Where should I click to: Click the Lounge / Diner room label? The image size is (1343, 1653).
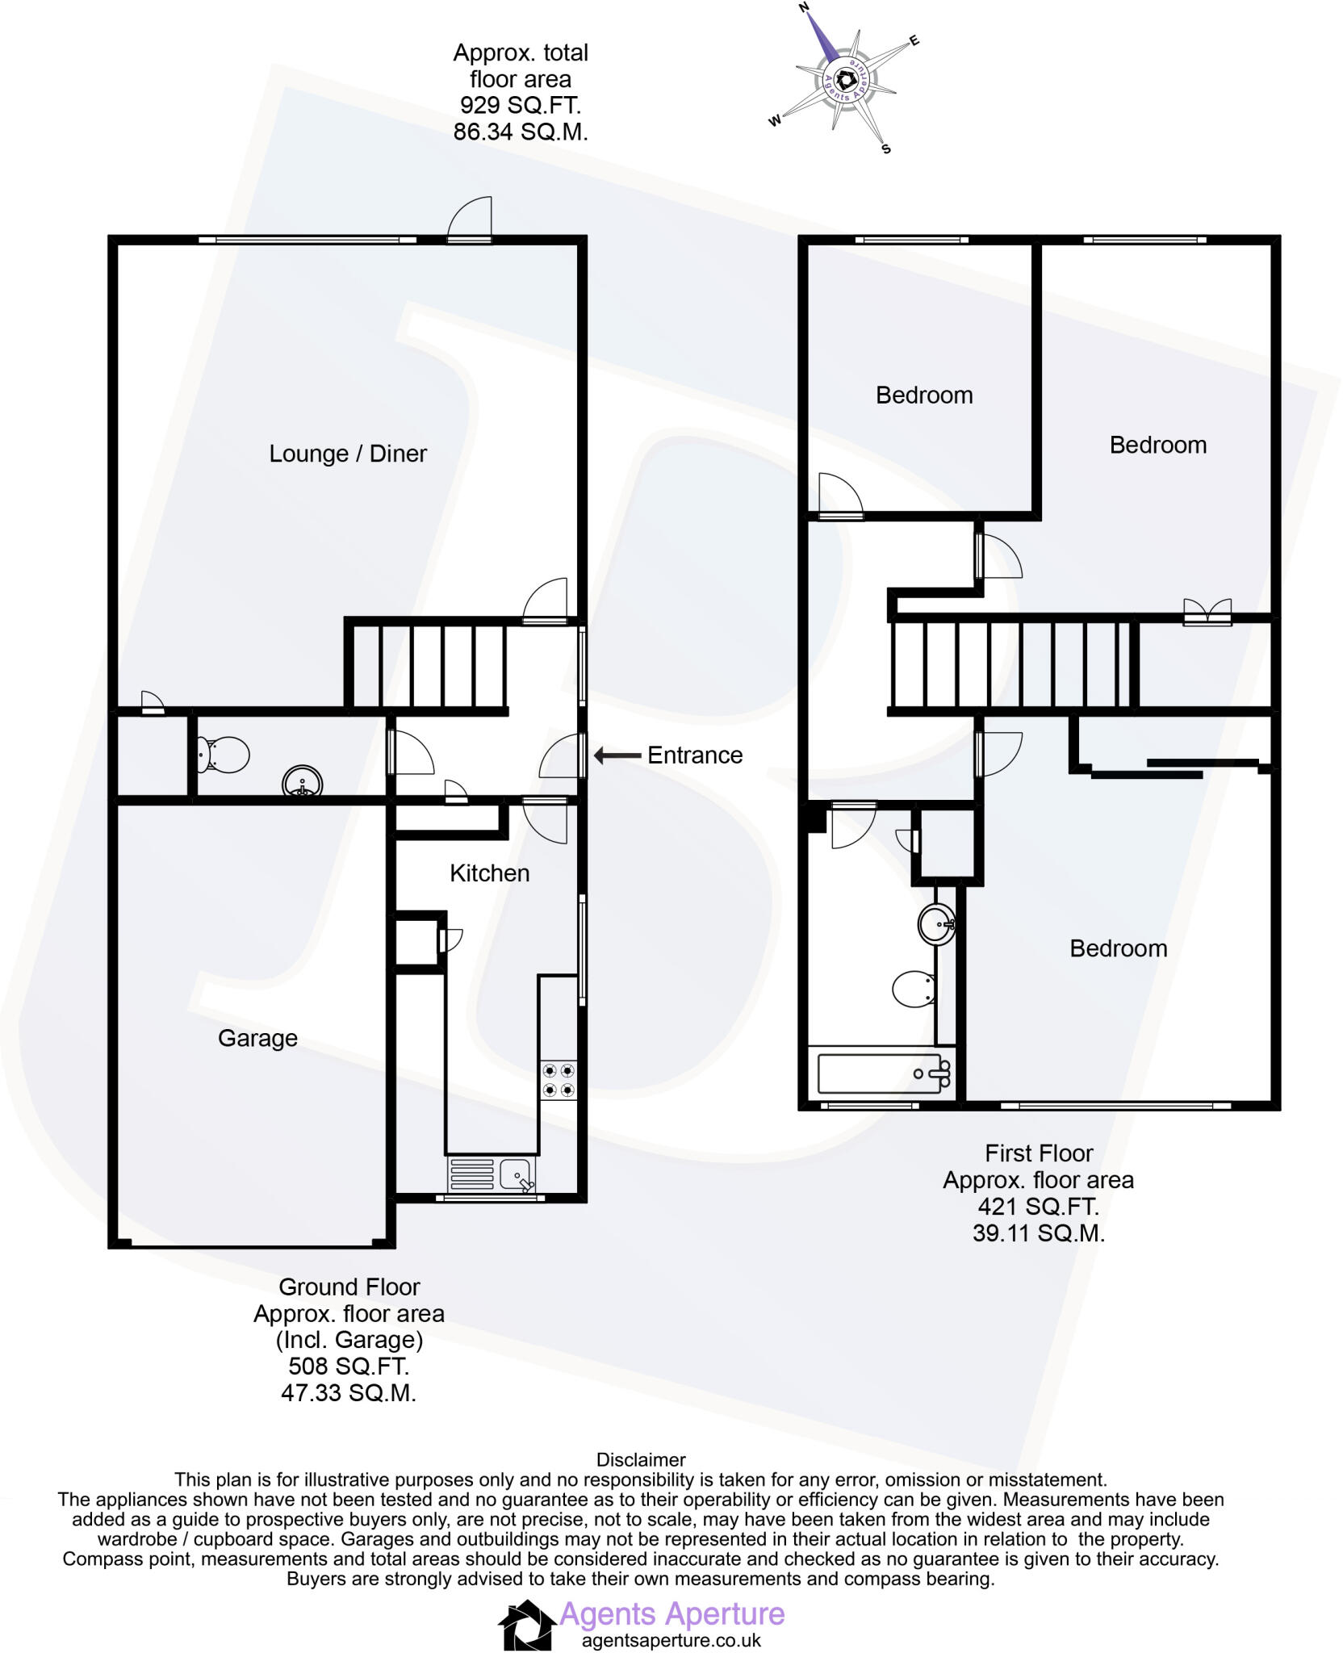click(x=347, y=454)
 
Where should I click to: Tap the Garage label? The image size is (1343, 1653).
click(x=257, y=1038)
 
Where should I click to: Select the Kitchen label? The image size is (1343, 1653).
click(x=489, y=873)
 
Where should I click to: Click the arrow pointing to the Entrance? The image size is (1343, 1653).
click(x=617, y=755)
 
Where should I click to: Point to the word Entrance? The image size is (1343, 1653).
click(x=695, y=755)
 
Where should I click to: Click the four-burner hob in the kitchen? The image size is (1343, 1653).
click(x=559, y=1081)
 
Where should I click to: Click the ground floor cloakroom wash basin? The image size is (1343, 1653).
click(x=302, y=783)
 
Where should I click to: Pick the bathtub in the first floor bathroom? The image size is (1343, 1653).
click(x=882, y=1073)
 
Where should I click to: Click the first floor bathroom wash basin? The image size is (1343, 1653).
click(x=937, y=923)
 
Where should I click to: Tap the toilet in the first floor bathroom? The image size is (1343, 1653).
click(x=914, y=988)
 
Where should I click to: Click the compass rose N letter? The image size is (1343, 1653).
click(x=804, y=8)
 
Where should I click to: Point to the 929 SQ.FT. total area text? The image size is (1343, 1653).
click(x=520, y=106)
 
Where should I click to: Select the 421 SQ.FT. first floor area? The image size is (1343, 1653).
click(x=1038, y=1207)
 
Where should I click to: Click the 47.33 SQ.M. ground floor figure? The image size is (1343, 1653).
click(x=349, y=1393)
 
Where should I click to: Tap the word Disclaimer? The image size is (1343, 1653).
click(x=640, y=1460)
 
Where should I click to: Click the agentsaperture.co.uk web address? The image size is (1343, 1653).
click(x=671, y=1640)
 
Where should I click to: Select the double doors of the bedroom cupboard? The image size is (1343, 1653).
click(x=1207, y=612)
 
